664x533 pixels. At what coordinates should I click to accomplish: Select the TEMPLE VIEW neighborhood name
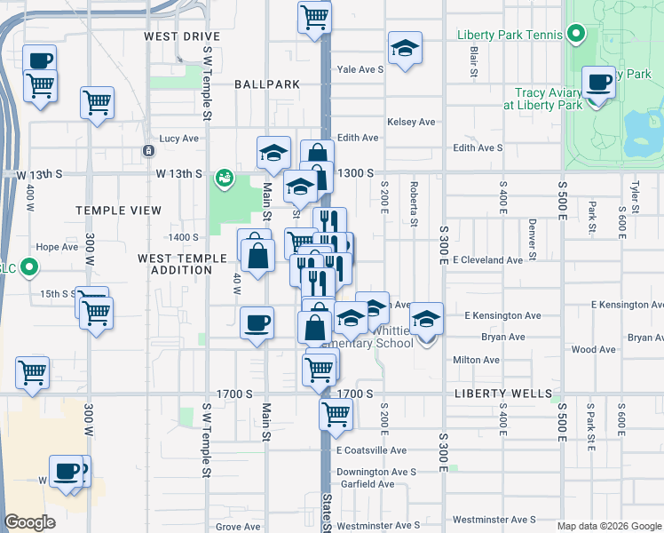click(x=118, y=211)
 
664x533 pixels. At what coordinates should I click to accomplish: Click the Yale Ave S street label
click(x=360, y=68)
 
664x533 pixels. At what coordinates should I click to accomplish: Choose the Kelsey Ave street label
click(x=411, y=122)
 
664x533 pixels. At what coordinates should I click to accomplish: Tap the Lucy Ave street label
click(x=178, y=139)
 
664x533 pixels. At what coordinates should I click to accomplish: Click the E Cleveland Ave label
click(x=487, y=260)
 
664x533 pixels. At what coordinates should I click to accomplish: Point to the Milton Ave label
click(x=477, y=360)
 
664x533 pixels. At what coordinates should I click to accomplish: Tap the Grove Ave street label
click(x=237, y=527)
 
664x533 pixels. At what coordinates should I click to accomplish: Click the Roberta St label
click(x=414, y=203)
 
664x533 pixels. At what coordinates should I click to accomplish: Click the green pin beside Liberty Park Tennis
click(x=575, y=36)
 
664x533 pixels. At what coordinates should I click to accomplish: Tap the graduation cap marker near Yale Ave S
click(x=405, y=48)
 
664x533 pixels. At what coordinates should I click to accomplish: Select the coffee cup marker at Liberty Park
click(x=599, y=83)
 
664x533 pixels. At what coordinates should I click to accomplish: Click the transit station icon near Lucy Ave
click(x=147, y=151)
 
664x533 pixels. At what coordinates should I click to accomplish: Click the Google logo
click(x=29, y=522)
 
